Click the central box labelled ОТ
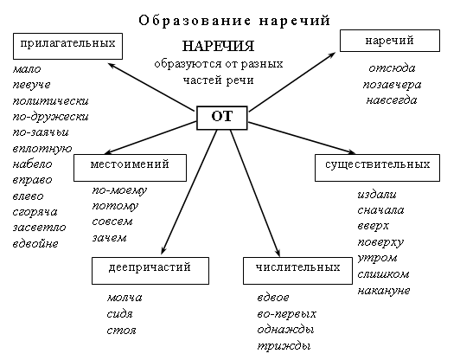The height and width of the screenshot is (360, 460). pyautogui.click(x=221, y=118)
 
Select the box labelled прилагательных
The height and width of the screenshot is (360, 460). pyautogui.click(x=67, y=46)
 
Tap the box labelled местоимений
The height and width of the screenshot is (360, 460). pyautogui.click(x=130, y=168)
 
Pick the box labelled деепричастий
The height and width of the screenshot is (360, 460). pyautogui.click(x=150, y=271)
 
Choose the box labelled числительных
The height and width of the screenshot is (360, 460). pyautogui.click(x=297, y=271)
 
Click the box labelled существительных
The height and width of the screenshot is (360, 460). pyautogui.click(x=377, y=168)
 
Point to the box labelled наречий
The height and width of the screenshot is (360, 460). pyautogui.click(x=390, y=41)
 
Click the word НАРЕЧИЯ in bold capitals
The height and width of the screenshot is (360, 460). pyautogui.click(x=218, y=46)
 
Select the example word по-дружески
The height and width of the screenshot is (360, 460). pyautogui.click(x=50, y=117)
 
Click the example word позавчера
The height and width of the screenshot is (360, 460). pyautogui.click(x=392, y=85)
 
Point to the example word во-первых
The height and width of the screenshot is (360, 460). pyautogui.click(x=286, y=314)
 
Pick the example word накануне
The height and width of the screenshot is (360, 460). pyautogui.click(x=384, y=291)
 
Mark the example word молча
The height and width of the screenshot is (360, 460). pyautogui.click(x=125, y=298)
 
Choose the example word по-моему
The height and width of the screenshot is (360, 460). pyautogui.click(x=119, y=191)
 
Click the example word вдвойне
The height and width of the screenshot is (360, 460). pyautogui.click(x=35, y=243)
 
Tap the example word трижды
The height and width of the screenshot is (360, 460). pyautogui.click(x=284, y=346)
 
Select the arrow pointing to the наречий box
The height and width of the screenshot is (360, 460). pyautogui.click(x=292, y=82)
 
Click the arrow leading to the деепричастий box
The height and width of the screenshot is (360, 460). pyautogui.click(x=188, y=192)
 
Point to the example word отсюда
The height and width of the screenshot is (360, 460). pyautogui.click(x=392, y=68)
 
